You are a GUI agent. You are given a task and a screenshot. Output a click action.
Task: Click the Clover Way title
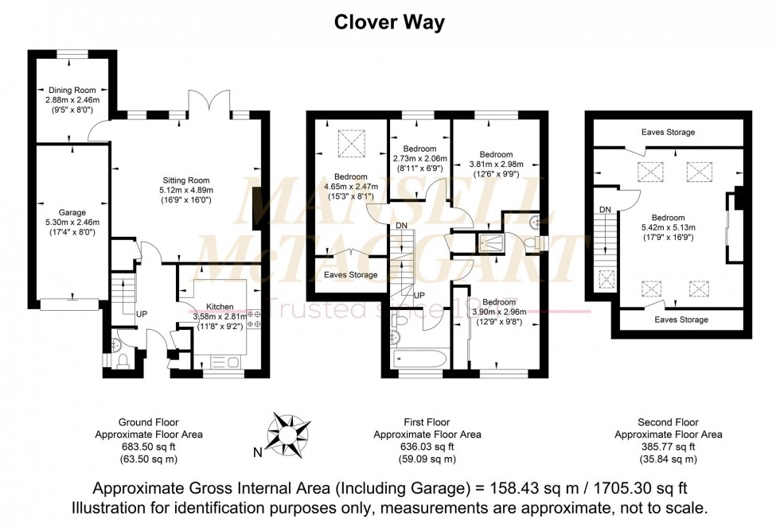point(388,21)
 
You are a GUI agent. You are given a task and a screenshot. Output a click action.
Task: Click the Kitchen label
point(220,306)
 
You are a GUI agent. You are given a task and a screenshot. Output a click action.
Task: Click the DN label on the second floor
point(605,210)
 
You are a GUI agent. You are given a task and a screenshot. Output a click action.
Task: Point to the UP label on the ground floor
point(142,314)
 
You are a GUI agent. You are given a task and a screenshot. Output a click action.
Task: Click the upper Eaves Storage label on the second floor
point(668,132)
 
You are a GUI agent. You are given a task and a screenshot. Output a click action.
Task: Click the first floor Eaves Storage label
point(350,275)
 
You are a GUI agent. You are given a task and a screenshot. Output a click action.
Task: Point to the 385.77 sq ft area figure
point(669,447)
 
